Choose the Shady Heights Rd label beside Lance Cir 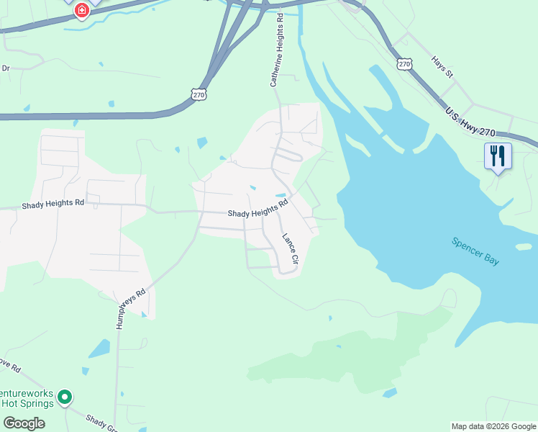pos(257,212)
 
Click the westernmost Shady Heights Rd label pos(53,204)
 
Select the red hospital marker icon pos(82,10)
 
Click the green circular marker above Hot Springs pos(64,397)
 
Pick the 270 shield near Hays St pos(404,64)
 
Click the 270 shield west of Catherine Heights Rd pos(199,94)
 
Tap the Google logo pos(23,423)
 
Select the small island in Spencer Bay pos(524,246)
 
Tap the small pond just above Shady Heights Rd pos(281,195)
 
